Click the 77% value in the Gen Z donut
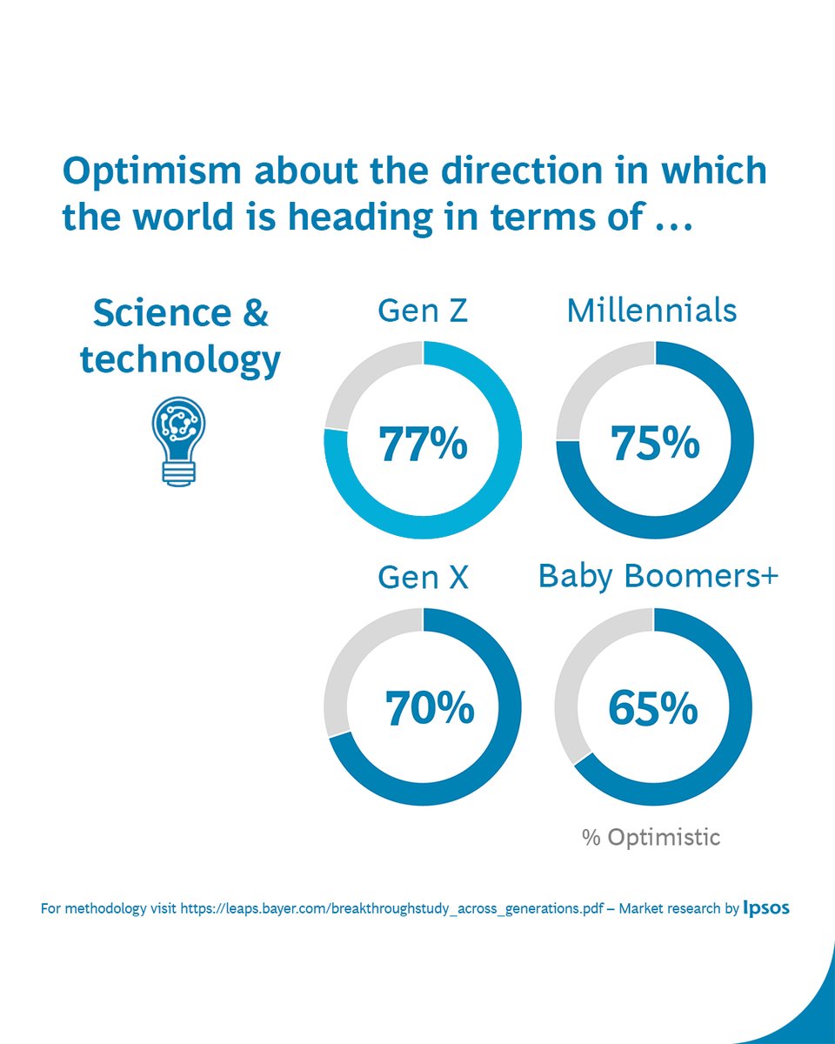click(x=423, y=443)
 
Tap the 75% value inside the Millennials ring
click(x=655, y=443)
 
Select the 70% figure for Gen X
click(x=430, y=709)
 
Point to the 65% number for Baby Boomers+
click(x=652, y=709)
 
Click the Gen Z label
click(x=423, y=311)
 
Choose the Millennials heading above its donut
click(x=651, y=311)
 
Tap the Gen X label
click(x=423, y=577)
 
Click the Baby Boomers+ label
click(x=658, y=576)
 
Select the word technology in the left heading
click(x=180, y=359)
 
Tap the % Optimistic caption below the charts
click(x=651, y=838)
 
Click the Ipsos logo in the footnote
click(x=766, y=908)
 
